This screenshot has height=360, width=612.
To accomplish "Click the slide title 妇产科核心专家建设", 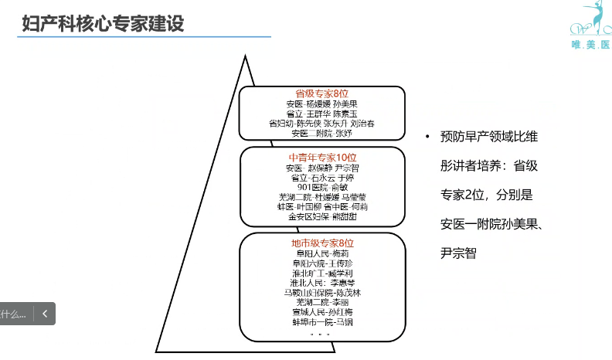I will point(102,22).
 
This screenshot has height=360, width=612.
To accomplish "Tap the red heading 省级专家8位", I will point(322,93).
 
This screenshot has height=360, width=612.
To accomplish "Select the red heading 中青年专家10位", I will point(322,157).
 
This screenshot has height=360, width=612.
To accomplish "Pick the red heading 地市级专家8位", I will point(322,243).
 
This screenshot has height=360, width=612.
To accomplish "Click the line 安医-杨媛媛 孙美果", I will point(322,104).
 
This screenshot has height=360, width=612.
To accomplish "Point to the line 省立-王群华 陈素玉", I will point(322,114).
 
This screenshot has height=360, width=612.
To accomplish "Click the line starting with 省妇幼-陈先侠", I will point(322,124).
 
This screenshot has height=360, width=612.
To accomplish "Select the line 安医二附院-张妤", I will point(322,134).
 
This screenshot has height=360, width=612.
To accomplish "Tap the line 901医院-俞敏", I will point(322,187).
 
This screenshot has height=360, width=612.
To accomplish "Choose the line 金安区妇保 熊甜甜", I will point(322,217).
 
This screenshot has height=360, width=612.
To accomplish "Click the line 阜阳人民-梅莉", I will point(322,253).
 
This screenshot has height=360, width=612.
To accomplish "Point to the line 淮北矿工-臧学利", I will point(322,273).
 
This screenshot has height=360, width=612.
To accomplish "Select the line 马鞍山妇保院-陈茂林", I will point(322,293).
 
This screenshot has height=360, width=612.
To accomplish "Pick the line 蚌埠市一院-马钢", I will point(322,322).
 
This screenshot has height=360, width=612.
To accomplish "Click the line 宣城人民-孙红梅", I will point(322,312).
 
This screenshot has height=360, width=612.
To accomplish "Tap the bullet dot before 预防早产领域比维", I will point(426,138).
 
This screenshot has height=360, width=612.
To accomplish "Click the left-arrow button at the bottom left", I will point(45,314).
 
